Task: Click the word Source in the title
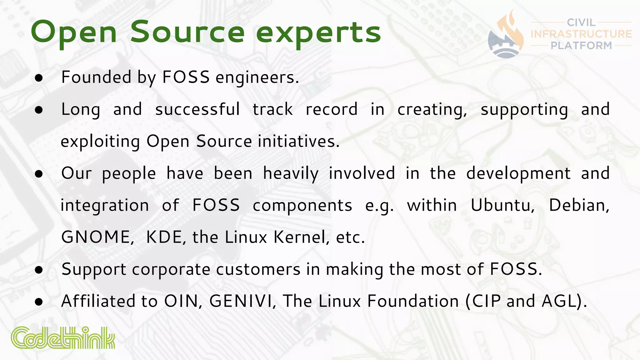pyautogui.click(x=187, y=32)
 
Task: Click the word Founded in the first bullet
pyautogui.click(x=96, y=77)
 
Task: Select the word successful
pyautogui.click(x=197, y=109)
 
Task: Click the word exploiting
pyautogui.click(x=100, y=142)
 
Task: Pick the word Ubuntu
pyautogui.click(x=502, y=205)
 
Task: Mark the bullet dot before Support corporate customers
pyautogui.click(x=39, y=270)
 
